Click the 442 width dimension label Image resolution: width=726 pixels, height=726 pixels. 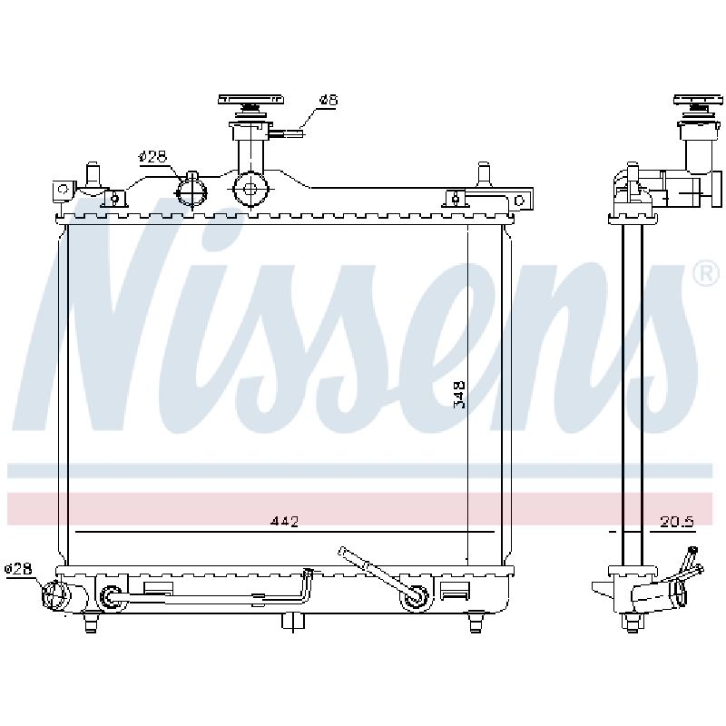pyautogui.click(x=285, y=521)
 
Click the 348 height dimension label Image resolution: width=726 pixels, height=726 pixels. pyautogui.click(x=459, y=395)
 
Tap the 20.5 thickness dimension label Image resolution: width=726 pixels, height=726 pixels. pyautogui.click(x=677, y=522)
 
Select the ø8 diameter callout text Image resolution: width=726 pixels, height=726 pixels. pyautogui.click(x=329, y=100)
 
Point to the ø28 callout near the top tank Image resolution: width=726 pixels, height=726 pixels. pyautogui.click(x=152, y=156)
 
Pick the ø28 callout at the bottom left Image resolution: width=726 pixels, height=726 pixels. pyautogui.click(x=18, y=568)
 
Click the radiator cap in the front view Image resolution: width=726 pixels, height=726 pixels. pyautogui.click(x=250, y=105)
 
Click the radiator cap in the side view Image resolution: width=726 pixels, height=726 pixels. pyautogui.click(x=699, y=105)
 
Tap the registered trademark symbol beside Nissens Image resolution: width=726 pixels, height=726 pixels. pyautogui.click(x=706, y=274)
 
